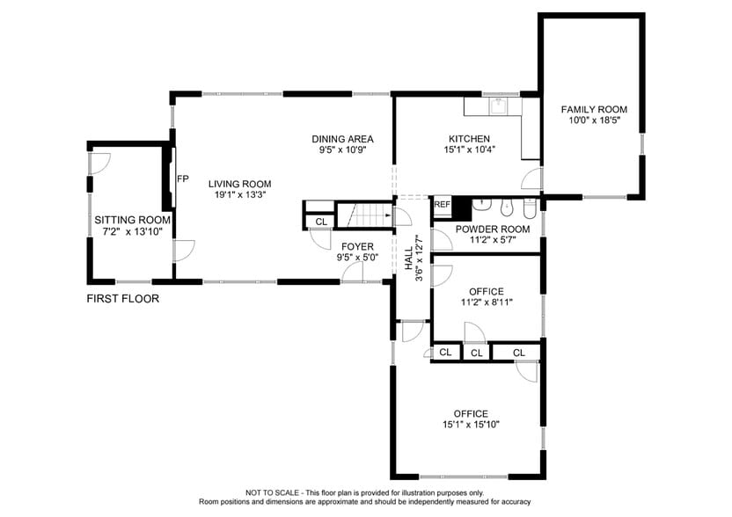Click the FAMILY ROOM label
594,109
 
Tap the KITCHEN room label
469,139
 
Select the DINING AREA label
342,139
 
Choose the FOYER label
358,247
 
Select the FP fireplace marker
183,179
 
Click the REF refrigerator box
442,205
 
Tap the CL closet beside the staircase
320,222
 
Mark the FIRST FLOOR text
122,299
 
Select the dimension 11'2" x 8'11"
486,303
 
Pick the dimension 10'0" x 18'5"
594,120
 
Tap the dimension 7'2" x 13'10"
133,232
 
